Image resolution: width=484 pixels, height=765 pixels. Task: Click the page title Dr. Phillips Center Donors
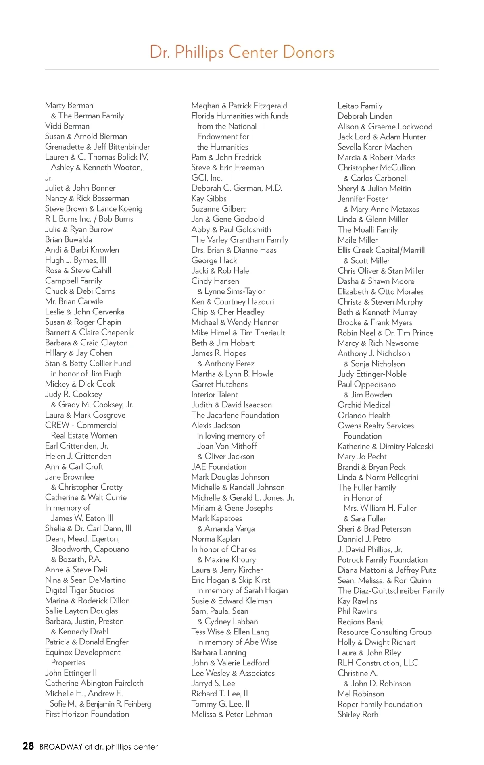click(242, 52)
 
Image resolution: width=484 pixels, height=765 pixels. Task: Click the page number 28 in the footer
click(28, 746)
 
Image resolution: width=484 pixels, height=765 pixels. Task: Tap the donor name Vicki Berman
click(67, 126)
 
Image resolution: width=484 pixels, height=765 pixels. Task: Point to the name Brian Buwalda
click(69, 239)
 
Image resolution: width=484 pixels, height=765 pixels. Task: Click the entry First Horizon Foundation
click(87, 714)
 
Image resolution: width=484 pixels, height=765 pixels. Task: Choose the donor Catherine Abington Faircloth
click(94, 683)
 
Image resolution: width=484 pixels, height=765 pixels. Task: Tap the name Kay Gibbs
click(209, 198)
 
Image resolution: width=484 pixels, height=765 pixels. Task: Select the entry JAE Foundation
click(219, 466)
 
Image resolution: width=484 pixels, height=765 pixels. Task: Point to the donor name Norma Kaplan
click(216, 538)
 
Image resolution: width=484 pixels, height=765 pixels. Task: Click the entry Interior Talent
click(215, 394)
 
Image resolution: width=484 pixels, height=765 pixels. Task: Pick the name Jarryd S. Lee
click(213, 683)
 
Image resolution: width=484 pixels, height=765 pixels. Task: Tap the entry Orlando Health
click(364, 415)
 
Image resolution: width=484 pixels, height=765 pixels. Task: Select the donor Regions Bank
click(360, 622)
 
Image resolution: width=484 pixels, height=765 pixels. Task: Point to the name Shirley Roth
click(358, 714)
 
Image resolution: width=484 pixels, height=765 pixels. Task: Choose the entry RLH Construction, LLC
click(378, 663)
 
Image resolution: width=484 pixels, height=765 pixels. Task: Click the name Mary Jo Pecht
click(362, 456)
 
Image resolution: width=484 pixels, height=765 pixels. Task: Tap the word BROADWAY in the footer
click(61, 747)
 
